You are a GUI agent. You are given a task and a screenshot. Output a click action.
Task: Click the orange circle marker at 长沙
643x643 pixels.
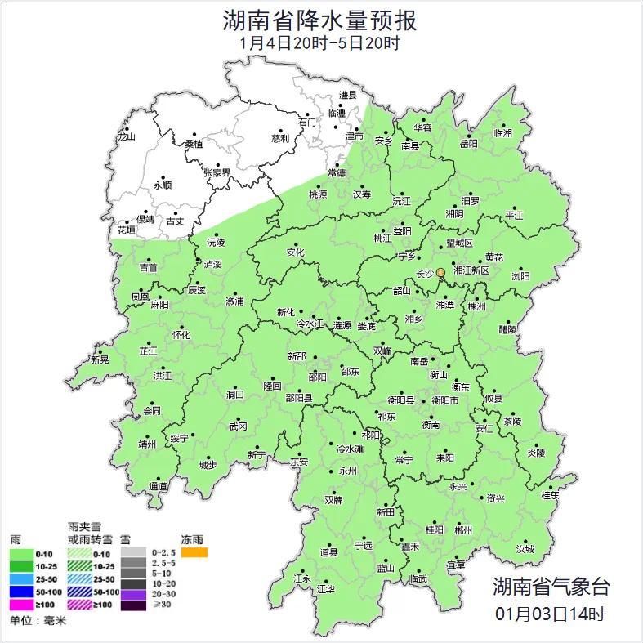point(441,272)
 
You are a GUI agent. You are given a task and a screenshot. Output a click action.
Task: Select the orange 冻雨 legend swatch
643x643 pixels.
point(194,553)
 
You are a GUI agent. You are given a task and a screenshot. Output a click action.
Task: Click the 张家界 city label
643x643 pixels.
point(218,173)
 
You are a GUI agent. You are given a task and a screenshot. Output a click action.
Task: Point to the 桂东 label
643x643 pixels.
point(551,495)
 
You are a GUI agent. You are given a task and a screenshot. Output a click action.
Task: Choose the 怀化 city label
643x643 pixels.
point(181,335)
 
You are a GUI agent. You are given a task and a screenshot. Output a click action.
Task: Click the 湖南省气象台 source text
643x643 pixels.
point(550,587)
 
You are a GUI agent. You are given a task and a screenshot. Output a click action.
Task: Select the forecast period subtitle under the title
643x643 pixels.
point(320,43)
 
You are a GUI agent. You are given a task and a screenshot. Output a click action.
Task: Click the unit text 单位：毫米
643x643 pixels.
point(38,621)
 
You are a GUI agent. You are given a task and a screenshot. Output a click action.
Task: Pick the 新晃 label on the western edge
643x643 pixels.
point(100,359)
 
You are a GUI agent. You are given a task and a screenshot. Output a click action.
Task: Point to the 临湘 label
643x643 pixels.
point(503,133)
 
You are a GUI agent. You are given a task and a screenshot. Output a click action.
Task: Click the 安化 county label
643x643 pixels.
point(295,253)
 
